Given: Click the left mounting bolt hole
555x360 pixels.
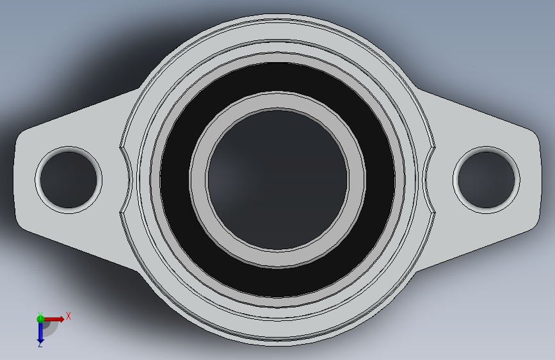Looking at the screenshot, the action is (68, 180).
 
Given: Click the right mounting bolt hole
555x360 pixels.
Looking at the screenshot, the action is (487, 180).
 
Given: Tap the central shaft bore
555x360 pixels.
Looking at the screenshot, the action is (278, 179).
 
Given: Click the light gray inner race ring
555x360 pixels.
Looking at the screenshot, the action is (198, 179).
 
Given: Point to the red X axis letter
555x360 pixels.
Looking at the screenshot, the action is (68, 316).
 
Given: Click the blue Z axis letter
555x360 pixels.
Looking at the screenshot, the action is (40, 344).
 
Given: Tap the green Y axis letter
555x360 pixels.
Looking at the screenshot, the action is (40, 315).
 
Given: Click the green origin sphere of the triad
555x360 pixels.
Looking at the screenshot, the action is (40, 319).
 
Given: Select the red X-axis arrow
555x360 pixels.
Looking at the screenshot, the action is (54, 319).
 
